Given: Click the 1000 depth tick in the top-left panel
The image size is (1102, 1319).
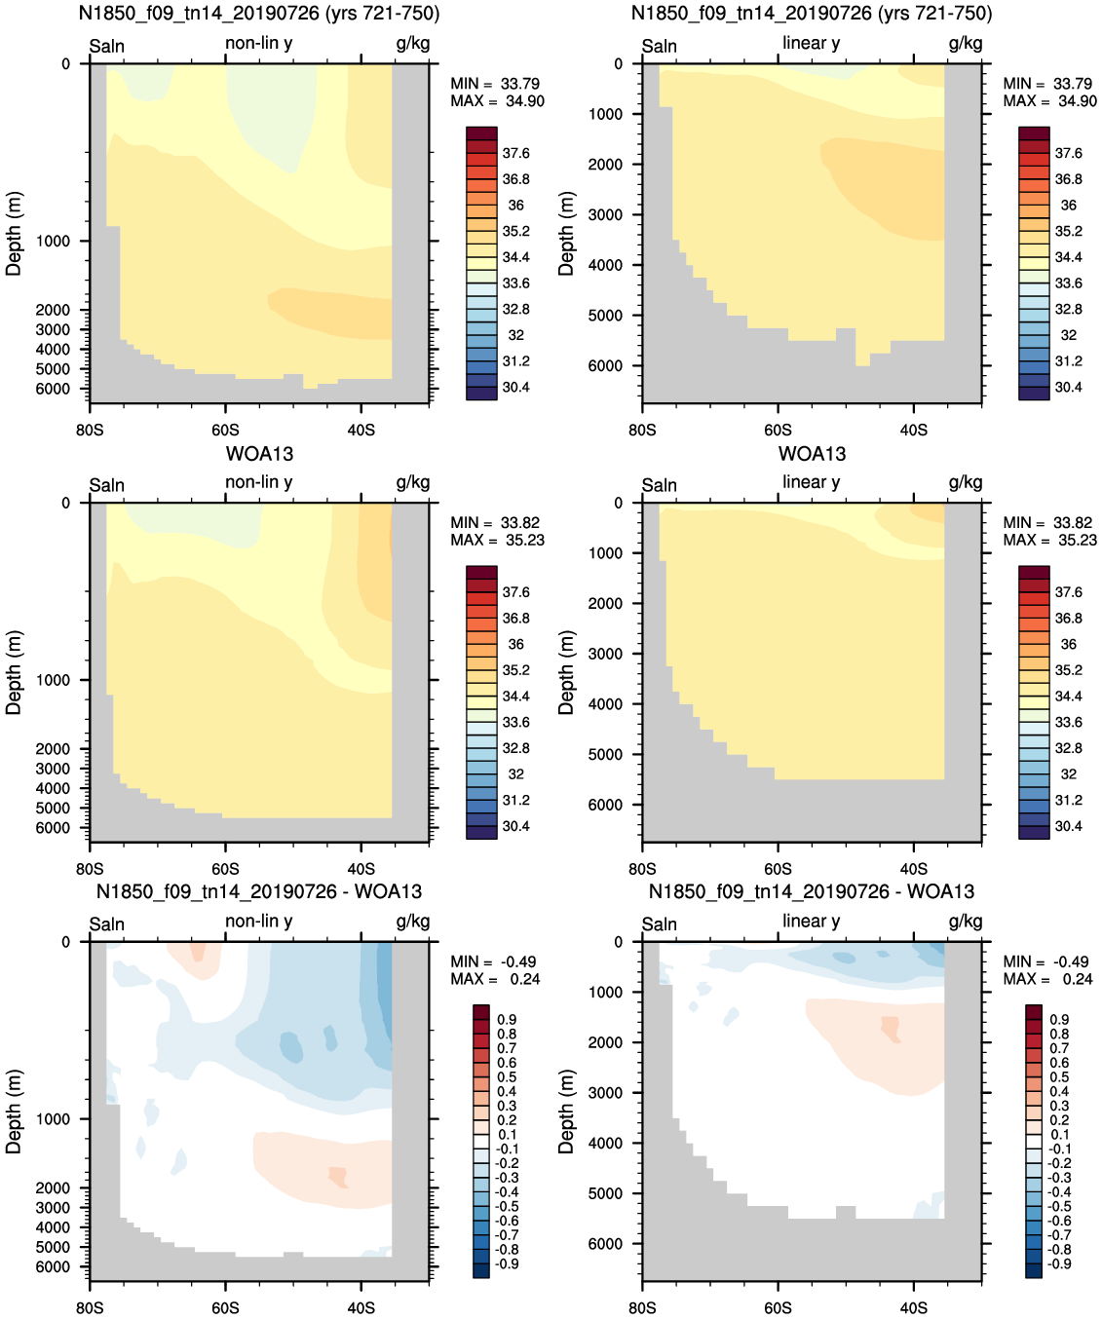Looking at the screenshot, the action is pos(53,242).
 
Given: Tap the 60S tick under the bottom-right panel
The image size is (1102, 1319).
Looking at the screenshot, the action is pos(778,1307).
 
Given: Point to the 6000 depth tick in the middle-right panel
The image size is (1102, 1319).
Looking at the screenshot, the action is pos(605,805).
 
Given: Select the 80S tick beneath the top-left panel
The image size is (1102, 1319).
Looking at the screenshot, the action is pos(90,430).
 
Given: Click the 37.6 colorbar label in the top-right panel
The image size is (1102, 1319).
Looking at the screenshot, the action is pos(1069,154).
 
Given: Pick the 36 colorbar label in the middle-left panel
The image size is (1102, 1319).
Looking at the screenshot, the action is pos(516,644).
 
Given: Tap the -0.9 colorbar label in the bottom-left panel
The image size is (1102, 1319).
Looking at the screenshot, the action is pos(507,1262).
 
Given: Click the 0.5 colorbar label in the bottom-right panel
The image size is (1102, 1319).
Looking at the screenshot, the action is pos(1059,1076).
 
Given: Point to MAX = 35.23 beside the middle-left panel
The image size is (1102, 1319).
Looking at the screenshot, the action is pos(497,540).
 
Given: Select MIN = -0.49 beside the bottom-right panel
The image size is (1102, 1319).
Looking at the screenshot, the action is pos(1045,961).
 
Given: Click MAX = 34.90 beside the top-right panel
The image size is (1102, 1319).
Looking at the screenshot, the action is pos(1049,101).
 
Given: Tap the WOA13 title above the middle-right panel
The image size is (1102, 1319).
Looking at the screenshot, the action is pos(812,454).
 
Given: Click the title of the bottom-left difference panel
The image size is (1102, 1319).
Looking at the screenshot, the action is pos(258,891).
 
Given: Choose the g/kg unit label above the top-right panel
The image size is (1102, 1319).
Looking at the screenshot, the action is pos(966,43).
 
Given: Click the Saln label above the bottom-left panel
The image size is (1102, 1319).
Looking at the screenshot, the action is pos(107,924).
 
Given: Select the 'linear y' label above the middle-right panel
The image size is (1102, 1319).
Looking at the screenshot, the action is pos(812,482).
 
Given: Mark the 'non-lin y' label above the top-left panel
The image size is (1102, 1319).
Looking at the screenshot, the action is pos(259,43).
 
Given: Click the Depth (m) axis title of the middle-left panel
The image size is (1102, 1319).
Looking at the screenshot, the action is pos(14,673).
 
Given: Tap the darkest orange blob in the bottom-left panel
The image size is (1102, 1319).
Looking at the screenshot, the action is pos(338,1177).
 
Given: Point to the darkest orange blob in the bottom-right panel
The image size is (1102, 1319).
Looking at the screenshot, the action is pos(891,1029).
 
